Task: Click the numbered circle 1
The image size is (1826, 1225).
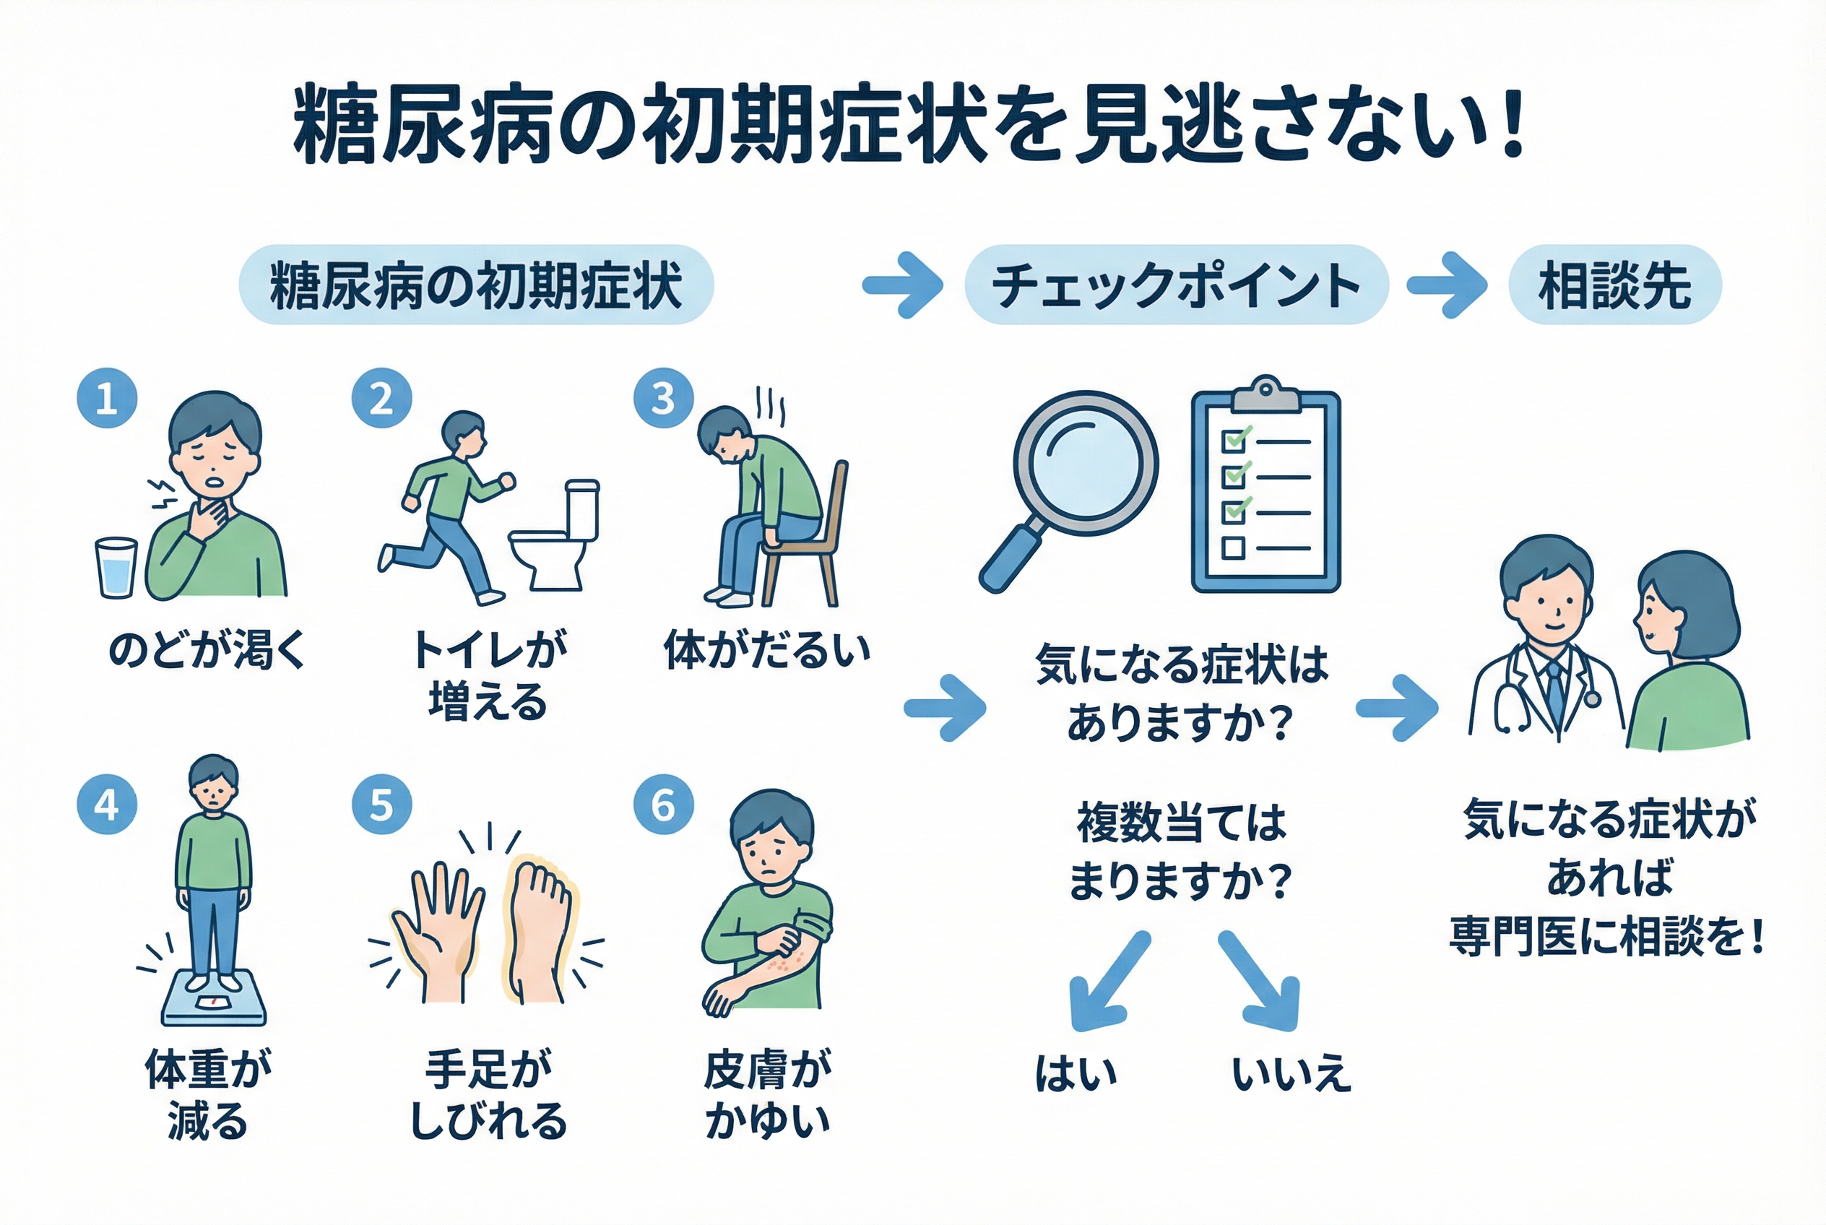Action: [x=107, y=399]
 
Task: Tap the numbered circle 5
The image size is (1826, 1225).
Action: [x=381, y=805]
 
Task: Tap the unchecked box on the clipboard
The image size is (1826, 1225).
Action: [x=1233, y=547]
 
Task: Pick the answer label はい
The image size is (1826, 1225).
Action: [x=1076, y=1074]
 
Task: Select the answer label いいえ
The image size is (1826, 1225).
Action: [x=1291, y=1074]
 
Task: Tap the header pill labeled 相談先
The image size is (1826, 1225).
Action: [x=1614, y=285]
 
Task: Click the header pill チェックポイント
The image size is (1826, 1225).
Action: [x=1176, y=285]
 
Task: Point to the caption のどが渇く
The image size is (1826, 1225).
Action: [x=207, y=651]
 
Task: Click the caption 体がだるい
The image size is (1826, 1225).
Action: [x=766, y=651]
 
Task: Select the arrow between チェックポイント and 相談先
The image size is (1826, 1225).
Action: [x=1446, y=285]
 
